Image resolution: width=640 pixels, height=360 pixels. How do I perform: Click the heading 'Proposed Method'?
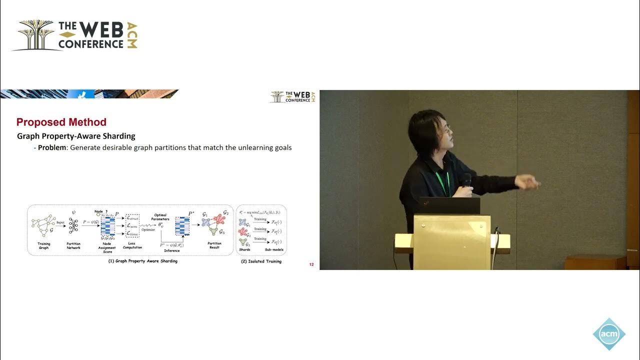pos(61,122)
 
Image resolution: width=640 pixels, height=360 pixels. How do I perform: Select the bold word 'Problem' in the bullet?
pos(52,148)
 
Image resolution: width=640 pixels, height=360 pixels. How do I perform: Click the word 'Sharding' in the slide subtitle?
pos(120,136)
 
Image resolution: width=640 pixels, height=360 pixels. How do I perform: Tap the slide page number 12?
pos(311,264)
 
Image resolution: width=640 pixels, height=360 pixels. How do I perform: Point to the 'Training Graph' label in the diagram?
pos(43,245)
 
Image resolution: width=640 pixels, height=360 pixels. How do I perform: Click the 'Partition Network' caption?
pos(73,245)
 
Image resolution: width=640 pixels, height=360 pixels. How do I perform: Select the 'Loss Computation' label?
pos(132,245)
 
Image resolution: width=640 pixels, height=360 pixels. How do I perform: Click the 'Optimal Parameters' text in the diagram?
pos(161,217)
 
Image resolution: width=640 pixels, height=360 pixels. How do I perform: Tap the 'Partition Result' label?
pos(214,245)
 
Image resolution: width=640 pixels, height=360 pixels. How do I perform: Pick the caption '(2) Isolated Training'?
pos(261,261)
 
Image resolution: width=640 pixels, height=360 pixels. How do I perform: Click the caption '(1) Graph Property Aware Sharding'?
pos(143,261)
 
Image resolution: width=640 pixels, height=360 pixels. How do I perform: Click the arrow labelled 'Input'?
pos(60,226)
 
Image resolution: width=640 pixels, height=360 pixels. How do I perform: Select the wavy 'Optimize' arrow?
pos(148,226)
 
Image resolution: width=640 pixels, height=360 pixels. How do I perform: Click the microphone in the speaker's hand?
pos(466,179)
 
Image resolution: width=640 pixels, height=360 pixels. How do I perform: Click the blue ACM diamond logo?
pos(609,334)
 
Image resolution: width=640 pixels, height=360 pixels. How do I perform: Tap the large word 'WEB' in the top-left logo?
pos(100,31)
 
